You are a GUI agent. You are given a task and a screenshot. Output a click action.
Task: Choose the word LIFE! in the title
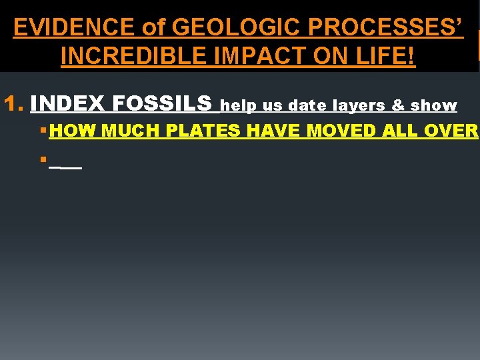[384, 57]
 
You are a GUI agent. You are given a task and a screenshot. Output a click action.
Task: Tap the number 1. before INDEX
[14, 104]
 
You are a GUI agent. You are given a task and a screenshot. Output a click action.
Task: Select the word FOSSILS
[163, 104]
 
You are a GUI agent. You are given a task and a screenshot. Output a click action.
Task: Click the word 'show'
[433, 105]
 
